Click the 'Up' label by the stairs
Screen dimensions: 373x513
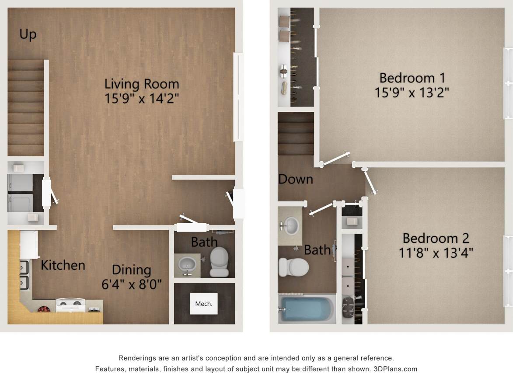pos(28,35)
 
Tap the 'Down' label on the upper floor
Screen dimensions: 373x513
pos(296,179)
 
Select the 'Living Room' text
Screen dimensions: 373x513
pos(142,83)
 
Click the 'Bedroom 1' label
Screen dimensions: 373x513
pos(412,78)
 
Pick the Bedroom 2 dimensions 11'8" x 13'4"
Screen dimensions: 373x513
pos(436,252)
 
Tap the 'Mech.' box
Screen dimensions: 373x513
pos(203,304)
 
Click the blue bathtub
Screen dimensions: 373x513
pos(306,309)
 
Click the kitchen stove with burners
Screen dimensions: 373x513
pos(71,305)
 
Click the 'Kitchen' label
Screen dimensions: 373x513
pos(63,265)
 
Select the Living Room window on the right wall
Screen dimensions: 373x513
pos(238,97)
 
